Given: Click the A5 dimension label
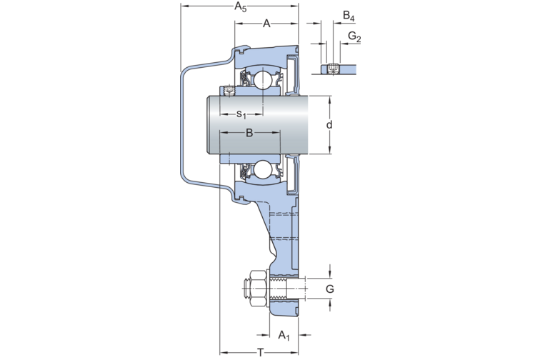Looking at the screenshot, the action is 241,6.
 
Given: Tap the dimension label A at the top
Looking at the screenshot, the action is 266,24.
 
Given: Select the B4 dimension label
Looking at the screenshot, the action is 349,16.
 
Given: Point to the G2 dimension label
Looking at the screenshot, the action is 354,36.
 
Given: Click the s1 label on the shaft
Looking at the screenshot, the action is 241,114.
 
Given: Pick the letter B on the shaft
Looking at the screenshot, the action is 250,133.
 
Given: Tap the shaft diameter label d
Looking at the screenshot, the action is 329,124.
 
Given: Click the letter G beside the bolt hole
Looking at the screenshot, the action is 329,289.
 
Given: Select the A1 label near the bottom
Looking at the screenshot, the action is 284,335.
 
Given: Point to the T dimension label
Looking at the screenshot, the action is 261,352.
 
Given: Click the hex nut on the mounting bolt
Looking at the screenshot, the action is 258,289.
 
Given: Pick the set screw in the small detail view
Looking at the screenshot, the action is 333,69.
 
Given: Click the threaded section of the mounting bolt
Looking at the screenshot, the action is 279,289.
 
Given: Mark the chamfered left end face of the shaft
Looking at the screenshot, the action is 209,124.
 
